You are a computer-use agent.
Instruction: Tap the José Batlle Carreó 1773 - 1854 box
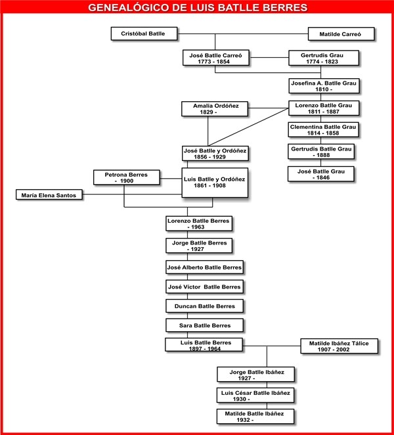[x=215, y=58]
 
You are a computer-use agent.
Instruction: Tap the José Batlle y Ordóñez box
[x=215, y=154]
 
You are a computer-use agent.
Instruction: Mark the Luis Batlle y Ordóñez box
[x=215, y=182]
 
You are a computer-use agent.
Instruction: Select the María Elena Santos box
[x=50, y=195]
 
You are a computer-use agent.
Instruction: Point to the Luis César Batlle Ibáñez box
[x=254, y=396]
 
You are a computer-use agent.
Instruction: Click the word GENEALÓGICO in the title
[x=127, y=9]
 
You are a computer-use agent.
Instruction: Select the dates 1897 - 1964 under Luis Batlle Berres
[x=204, y=350]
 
